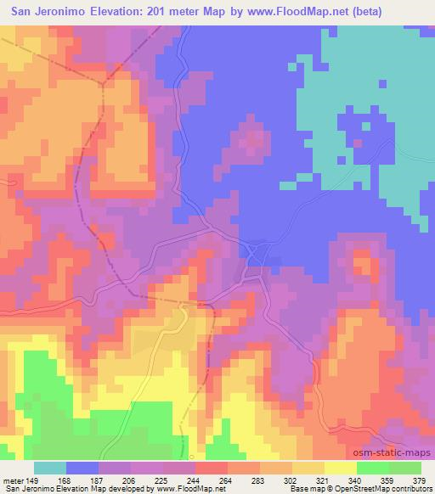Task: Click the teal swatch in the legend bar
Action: [50, 468]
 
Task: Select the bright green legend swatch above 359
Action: [373, 468]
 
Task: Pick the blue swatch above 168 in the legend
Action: [82, 468]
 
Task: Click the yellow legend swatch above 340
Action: [341, 468]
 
